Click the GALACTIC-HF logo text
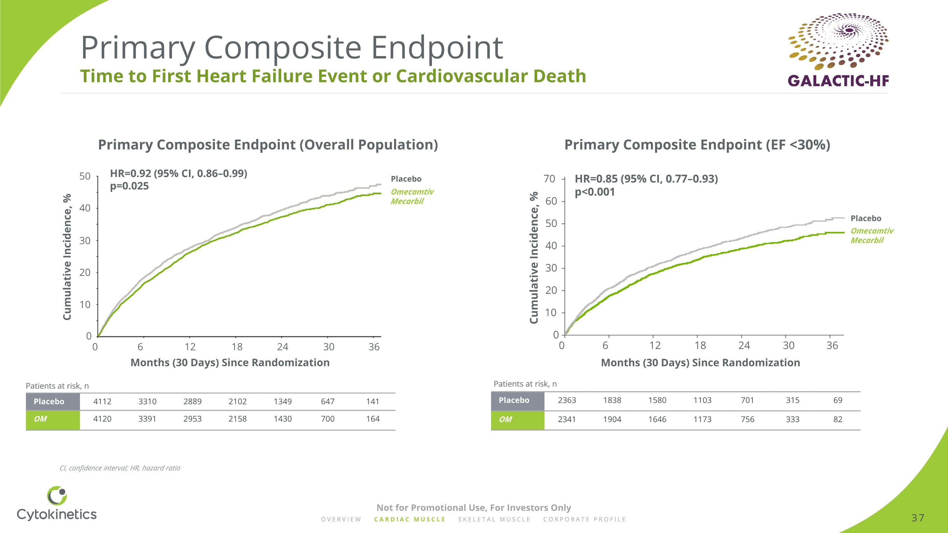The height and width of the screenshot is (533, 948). click(838, 81)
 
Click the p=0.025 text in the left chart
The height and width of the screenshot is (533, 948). click(129, 186)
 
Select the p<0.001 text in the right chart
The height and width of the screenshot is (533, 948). click(595, 192)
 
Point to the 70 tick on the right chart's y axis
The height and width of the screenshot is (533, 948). click(549, 179)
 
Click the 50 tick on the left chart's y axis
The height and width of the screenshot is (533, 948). click(85, 176)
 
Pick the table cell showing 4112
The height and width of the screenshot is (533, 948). click(102, 401)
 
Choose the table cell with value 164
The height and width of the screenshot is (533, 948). click(373, 419)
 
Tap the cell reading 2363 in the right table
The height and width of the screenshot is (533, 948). click(567, 400)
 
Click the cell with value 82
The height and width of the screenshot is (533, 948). click(838, 419)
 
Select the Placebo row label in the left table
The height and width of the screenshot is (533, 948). click(49, 401)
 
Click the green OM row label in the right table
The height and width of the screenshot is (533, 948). click(505, 419)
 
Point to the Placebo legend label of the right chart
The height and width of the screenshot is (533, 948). click(866, 219)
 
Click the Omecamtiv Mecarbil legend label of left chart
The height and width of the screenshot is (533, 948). click(412, 197)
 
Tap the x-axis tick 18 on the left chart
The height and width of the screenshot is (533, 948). click(237, 347)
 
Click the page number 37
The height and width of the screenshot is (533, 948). click(917, 518)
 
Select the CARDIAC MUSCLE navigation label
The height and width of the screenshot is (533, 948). click(410, 519)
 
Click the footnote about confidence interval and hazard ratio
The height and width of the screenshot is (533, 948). click(119, 468)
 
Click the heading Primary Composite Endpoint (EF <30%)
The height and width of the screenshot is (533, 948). click(697, 145)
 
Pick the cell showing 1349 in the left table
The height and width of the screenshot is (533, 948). click(282, 401)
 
